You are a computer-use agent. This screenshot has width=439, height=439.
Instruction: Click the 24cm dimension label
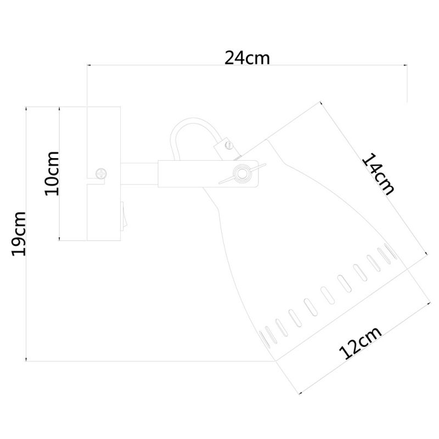tap(247, 58)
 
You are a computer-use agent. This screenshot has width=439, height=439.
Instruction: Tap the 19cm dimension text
tap(19, 234)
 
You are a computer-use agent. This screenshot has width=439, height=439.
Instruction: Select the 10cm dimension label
tap(52, 173)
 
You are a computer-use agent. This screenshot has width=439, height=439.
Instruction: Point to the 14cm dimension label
tap(379, 174)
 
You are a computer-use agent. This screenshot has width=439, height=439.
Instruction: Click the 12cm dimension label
tap(360, 342)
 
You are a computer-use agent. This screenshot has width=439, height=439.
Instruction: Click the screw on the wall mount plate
tap(101, 173)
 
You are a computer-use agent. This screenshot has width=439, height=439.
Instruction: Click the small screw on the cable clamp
tap(229, 145)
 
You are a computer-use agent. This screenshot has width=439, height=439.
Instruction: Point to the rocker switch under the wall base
tap(123, 216)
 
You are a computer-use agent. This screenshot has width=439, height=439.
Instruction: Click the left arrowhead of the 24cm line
tap(89, 65)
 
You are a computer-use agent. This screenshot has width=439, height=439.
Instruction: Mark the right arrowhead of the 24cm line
tap(405, 65)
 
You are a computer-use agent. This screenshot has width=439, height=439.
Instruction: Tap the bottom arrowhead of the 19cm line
tap(26, 359)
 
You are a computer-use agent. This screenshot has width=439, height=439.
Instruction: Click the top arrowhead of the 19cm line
tap(26, 109)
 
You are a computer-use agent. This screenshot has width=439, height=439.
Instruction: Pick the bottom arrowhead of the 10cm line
tap(59, 239)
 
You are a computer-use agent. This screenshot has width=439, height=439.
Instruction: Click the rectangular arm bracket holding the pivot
tap(208, 174)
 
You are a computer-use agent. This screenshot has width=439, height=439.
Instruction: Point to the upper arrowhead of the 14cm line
tap(322, 103)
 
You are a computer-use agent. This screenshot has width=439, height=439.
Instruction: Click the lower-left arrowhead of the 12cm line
tap(301, 393)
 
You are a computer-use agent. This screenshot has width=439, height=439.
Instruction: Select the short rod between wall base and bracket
tap(139, 174)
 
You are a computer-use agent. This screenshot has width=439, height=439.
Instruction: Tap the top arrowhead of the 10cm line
tap(59, 109)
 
